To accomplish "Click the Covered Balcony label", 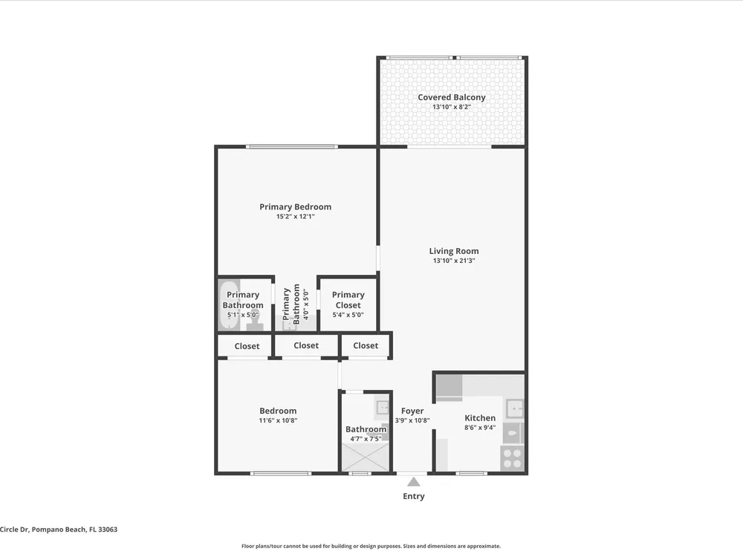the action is point(452,97).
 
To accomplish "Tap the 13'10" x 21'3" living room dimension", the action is point(454,261).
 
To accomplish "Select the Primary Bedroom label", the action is point(295,206).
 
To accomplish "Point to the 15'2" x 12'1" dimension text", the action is point(296,216).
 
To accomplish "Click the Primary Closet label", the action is point(348,300).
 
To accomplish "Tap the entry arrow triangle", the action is point(414,482).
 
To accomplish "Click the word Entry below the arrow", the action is point(414,496).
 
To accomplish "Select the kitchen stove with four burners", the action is point(512,458).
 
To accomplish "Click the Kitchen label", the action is point(480,417).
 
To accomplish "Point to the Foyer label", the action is point(412,411).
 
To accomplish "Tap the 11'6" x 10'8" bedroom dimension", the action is point(278,420).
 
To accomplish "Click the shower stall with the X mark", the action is point(366,457).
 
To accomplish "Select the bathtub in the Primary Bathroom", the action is point(229,304).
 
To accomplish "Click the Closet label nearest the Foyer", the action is point(366,346).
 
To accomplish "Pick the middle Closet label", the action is point(306,346).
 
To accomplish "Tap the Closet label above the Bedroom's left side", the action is point(247,346).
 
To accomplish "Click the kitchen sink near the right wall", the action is point(514,408).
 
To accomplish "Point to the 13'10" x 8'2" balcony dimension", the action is point(452,107).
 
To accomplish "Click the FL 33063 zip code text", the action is point(103,530).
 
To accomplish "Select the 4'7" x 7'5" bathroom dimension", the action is point(366,439).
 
